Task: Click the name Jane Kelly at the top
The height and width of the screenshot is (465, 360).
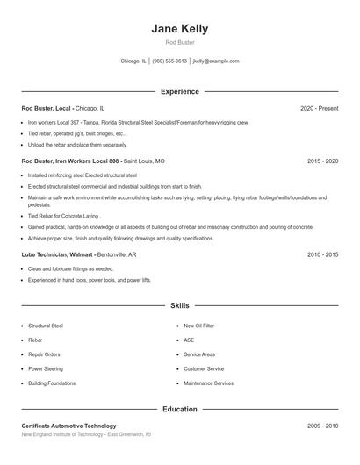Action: (x=179, y=28)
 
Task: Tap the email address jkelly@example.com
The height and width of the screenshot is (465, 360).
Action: (x=215, y=61)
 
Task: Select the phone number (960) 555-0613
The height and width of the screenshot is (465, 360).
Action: (x=169, y=61)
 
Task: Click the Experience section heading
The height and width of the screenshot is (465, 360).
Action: (x=179, y=91)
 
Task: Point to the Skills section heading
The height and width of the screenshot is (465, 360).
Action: (x=179, y=306)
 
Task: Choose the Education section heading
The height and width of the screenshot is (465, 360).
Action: (x=179, y=409)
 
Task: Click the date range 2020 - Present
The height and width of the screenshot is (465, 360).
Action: (x=319, y=108)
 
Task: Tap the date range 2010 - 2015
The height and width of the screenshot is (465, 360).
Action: (x=322, y=254)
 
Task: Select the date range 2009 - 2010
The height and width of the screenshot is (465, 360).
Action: (x=322, y=426)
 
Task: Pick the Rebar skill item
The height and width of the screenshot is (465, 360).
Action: (x=35, y=340)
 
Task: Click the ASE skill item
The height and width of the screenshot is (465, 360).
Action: (x=188, y=340)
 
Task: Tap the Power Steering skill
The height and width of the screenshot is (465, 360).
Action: (x=46, y=368)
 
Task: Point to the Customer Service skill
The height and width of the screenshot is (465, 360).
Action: (x=204, y=368)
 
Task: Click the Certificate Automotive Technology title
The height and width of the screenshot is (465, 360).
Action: (x=68, y=426)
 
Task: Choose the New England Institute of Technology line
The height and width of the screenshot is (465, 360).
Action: (x=86, y=434)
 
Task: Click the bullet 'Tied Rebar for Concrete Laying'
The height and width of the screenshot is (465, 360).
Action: (x=64, y=216)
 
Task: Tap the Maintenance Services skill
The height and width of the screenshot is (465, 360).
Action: (x=208, y=383)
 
